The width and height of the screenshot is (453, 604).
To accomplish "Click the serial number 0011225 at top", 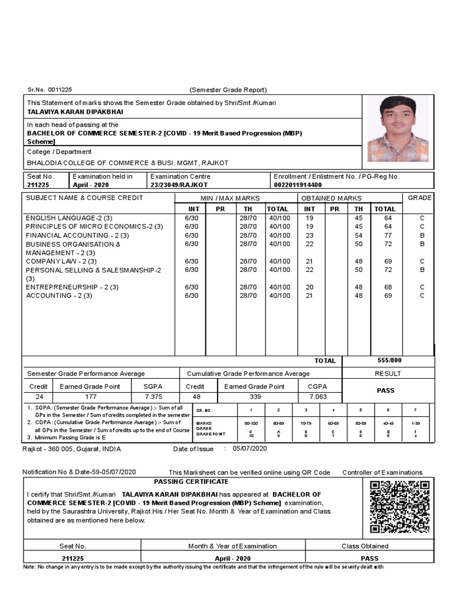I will pyautogui.click(x=59, y=90).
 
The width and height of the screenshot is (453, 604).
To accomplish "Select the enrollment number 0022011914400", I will pyautogui.click(x=298, y=185).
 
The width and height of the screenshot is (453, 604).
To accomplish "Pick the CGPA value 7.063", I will pyautogui.click(x=317, y=397).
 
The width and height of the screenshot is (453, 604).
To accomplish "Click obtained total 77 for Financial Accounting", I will pyautogui.click(x=388, y=235).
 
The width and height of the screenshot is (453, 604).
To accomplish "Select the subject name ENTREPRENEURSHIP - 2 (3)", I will pyautogui.click(x=72, y=287).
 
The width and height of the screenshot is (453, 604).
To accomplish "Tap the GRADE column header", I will pyautogui.click(x=420, y=198).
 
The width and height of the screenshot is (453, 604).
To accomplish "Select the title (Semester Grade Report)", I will pyautogui.click(x=228, y=90).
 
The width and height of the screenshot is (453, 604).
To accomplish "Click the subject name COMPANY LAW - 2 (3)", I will pyautogui.click(x=61, y=261).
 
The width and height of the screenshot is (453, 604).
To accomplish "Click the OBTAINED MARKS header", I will pyautogui.click(x=331, y=198).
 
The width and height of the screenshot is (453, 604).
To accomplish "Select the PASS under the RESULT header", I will pyautogui.click(x=386, y=390).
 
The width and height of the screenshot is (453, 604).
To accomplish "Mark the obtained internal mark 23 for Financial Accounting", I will pyautogui.click(x=309, y=235).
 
